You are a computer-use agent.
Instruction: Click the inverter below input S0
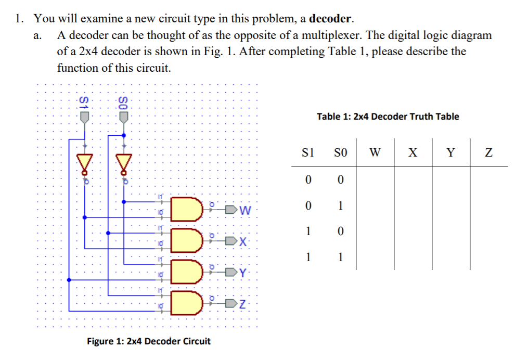(124, 163)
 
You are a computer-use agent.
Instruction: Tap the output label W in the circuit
(246, 211)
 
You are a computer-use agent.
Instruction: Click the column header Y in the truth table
(450, 153)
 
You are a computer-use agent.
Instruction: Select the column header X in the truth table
(413, 153)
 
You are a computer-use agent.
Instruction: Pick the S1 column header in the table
(308, 153)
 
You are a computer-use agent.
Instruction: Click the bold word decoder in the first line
(331, 19)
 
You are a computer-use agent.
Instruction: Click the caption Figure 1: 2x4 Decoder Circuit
(148, 341)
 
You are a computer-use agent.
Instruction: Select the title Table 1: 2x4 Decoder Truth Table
(388, 117)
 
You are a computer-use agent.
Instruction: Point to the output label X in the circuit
(246, 241)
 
